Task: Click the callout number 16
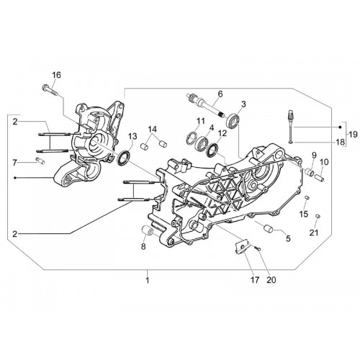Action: [x=57, y=75]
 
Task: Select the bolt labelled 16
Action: [x=50, y=91]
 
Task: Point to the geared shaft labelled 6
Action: [x=205, y=106]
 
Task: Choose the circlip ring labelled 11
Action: [x=192, y=138]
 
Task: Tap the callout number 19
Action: [x=353, y=135]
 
